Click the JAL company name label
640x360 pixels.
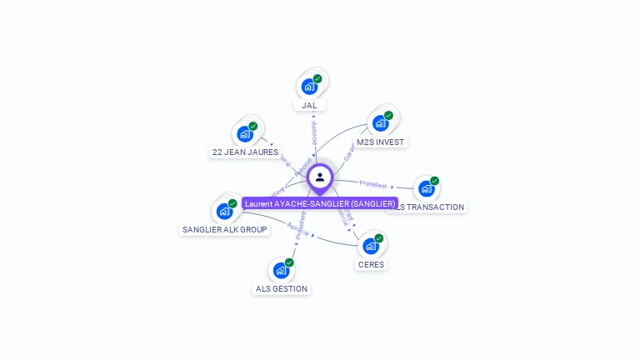click(310, 105)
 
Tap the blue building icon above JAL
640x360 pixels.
click(309, 87)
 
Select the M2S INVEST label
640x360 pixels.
click(380, 142)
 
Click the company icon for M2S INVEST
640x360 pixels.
click(380, 123)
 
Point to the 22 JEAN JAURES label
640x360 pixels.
click(244, 152)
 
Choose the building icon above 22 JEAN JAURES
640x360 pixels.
click(245, 133)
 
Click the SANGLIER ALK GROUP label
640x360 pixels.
click(225, 229)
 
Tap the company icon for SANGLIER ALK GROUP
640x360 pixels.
click(224, 211)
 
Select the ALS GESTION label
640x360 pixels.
click(281, 288)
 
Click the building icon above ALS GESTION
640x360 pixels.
click(281, 270)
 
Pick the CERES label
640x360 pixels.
click(371, 264)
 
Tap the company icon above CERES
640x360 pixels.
click(371, 246)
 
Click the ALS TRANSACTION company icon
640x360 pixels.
click(426, 188)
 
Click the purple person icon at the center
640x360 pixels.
click(320, 177)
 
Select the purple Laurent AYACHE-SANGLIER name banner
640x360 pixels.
click(320, 203)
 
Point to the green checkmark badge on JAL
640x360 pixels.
click(317, 79)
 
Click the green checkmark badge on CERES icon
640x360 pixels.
click(379, 238)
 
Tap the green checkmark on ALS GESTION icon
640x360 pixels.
click(289, 262)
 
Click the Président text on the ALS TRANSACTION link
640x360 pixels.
click(372, 183)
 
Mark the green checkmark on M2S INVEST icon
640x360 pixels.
click(388, 116)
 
